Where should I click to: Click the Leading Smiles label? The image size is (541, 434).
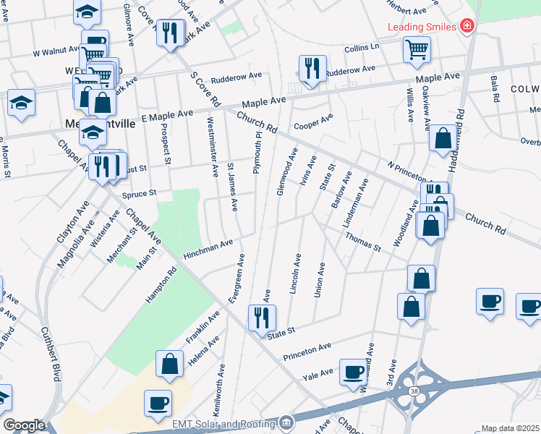tap(422, 27)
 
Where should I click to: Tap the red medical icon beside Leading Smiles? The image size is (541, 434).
tap(468, 27)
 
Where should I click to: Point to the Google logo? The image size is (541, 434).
tap(23, 425)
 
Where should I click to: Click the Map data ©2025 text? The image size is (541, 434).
tap(510, 428)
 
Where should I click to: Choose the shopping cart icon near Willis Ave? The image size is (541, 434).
tap(417, 50)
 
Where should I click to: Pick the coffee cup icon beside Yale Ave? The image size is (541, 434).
tap(354, 373)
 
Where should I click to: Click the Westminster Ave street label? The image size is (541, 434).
tap(213, 147)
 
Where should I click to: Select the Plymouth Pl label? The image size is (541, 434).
tap(255, 153)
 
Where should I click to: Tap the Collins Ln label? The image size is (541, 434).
tap(362, 47)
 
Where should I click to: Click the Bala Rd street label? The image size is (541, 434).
tap(495, 88)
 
